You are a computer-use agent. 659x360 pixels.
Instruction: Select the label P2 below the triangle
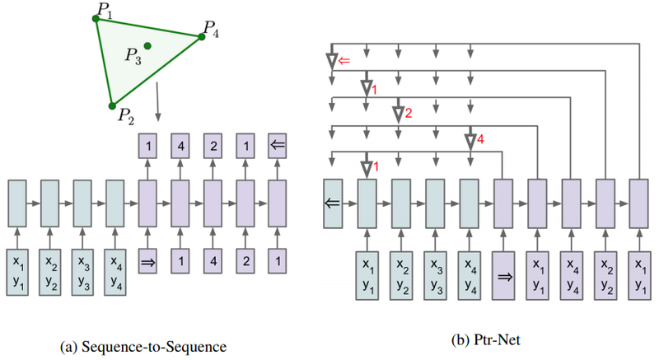pos(125,116)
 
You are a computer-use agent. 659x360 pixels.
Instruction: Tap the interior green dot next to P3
pos(147,45)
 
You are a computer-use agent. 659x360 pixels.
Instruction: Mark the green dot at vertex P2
pos(112,105)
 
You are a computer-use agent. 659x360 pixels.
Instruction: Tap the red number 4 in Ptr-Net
pos(479,141)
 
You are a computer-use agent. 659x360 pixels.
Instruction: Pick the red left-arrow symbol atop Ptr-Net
pos(344,60)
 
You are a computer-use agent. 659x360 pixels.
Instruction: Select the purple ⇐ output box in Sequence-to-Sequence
pos(277,146)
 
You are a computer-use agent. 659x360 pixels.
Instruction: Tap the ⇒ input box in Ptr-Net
pos(503,274)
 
